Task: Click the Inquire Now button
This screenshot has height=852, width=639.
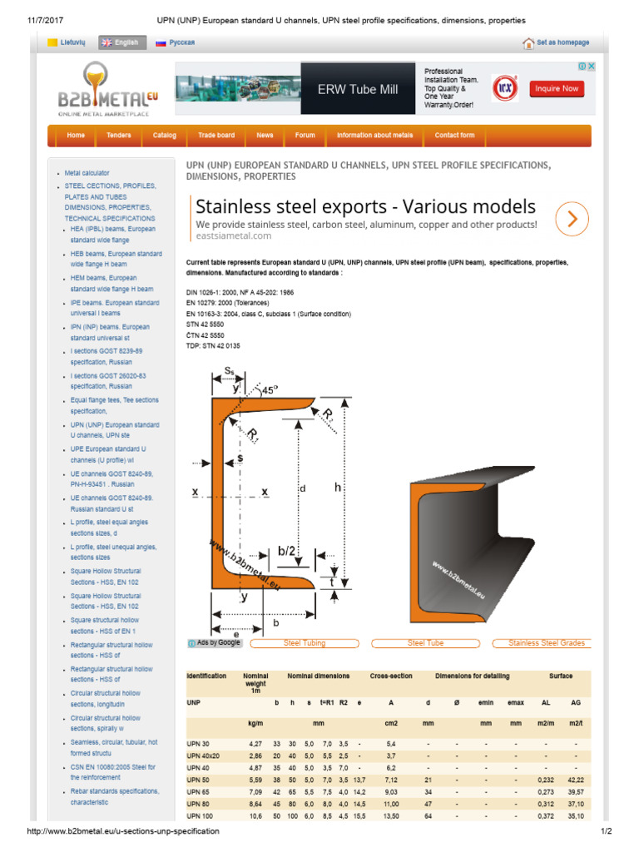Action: click(557, 89)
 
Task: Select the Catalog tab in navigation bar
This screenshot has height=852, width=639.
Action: click(164, 136)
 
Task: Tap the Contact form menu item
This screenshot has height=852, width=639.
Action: click(454, 136)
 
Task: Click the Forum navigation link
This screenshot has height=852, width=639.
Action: click(305, 136)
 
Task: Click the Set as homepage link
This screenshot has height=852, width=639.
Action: click(557, 42)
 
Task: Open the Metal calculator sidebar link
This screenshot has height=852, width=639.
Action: click(87, 173)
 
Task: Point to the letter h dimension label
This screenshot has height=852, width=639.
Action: click(338, 488)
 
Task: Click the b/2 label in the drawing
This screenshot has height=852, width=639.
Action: click(287, 551)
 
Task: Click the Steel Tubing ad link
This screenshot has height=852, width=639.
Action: click(305, 643)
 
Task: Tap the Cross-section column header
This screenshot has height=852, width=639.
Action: click(391, 676)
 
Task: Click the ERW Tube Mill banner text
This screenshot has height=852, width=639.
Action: click(358, 90)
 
